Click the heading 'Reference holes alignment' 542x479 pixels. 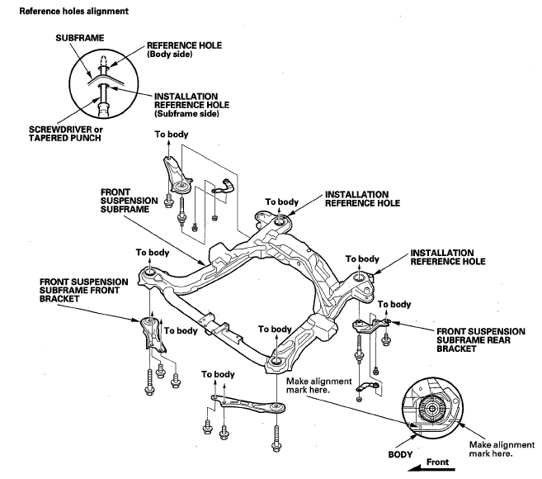(x=61, y=11)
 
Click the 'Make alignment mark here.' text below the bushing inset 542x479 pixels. (x=492, y=448)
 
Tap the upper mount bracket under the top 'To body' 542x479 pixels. (x=175, y=175)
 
